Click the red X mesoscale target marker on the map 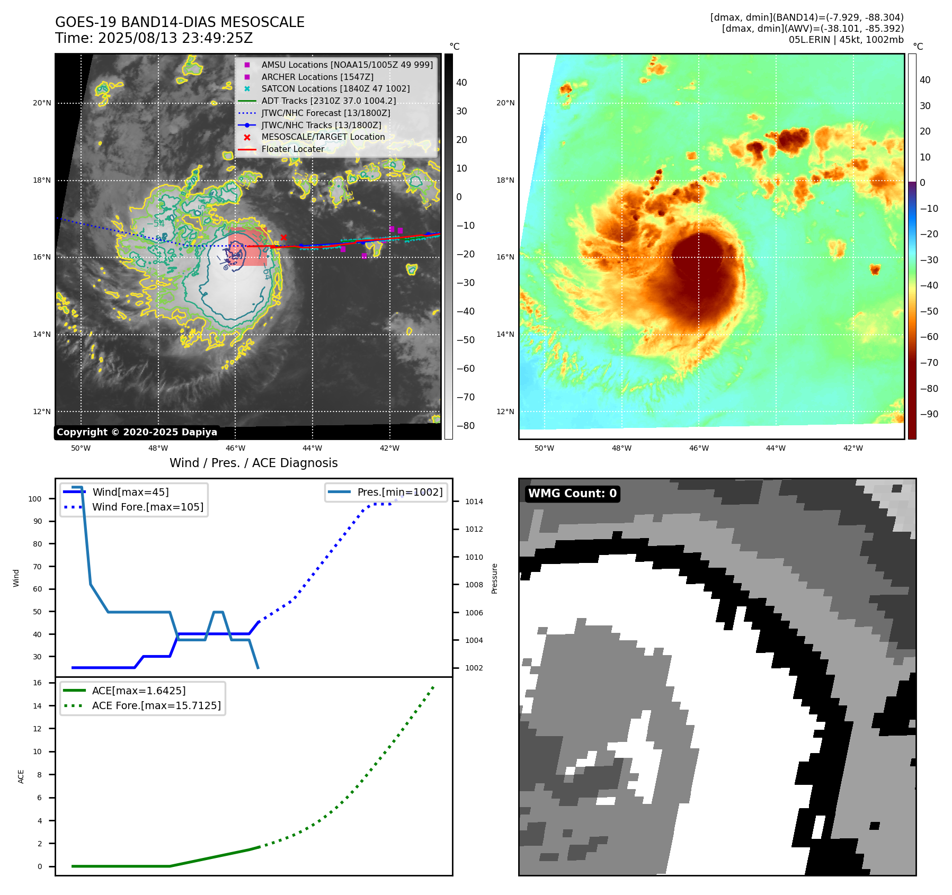pos(283,237)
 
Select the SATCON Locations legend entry pos(335,89)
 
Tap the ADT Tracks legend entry pos(328,101)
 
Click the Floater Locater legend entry pos(292,149)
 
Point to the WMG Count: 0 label pos(572,494)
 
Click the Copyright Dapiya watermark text pos(137,432)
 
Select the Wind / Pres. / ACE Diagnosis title pos(253,463)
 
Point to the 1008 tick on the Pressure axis pos(474,585)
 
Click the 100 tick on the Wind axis pos(35,499)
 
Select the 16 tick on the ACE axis pos(38,683)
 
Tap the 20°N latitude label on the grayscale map pos(42,103)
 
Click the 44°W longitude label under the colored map pos(776,448)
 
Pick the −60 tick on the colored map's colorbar pos(929,337)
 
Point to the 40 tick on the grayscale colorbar pos(461,83)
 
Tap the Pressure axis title pos(494,578)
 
